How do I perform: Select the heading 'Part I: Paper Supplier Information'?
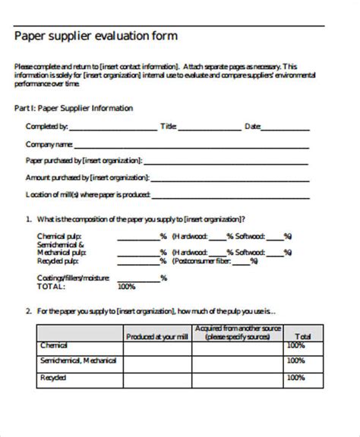[x=74, y=108]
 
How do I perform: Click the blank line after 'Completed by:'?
[x=113, y=128]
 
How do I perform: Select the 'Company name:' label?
[x=49, y=144]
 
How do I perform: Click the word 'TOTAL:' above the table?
[x=51, y=287]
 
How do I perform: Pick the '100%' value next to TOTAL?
[x=126, y=287]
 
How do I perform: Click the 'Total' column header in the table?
[x=302, y=335]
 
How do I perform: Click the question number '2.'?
[x=27, y=311]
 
